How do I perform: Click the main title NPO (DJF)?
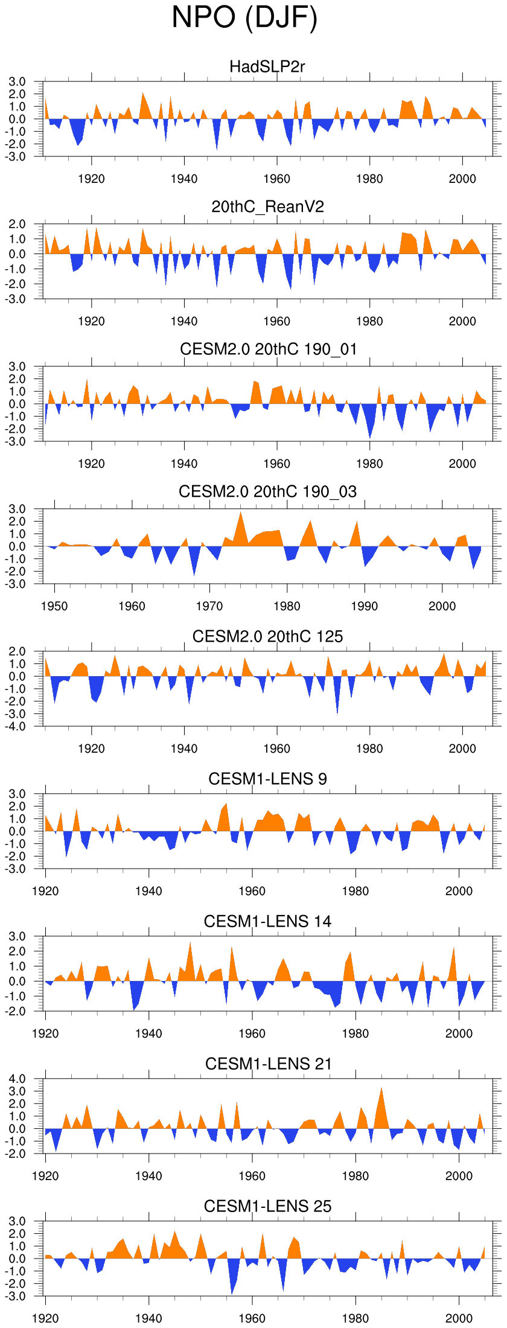click(x=244, y=18)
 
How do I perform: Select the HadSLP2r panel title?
click(x=267, y=66)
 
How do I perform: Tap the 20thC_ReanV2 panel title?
click(x=267, y=207)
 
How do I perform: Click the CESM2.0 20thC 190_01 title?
click(x=268, y=349)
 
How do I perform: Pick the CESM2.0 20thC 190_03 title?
click(x=267, y=491)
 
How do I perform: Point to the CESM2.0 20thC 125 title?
click(x=267, y=636)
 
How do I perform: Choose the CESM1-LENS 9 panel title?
click(x=267, y=779)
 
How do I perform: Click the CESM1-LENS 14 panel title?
click(x=267, y=921)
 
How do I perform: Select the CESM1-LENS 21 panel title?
click(x=268, y=1064)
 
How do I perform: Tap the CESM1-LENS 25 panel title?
click(x=267, y=1206)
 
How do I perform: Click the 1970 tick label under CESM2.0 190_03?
click(x=209, y=606)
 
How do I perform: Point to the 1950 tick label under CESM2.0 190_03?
click(x=54, y=606)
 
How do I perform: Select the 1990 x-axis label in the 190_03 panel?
click(x=365, y=606)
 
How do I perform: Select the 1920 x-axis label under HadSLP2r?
click(x=91, y=179)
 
